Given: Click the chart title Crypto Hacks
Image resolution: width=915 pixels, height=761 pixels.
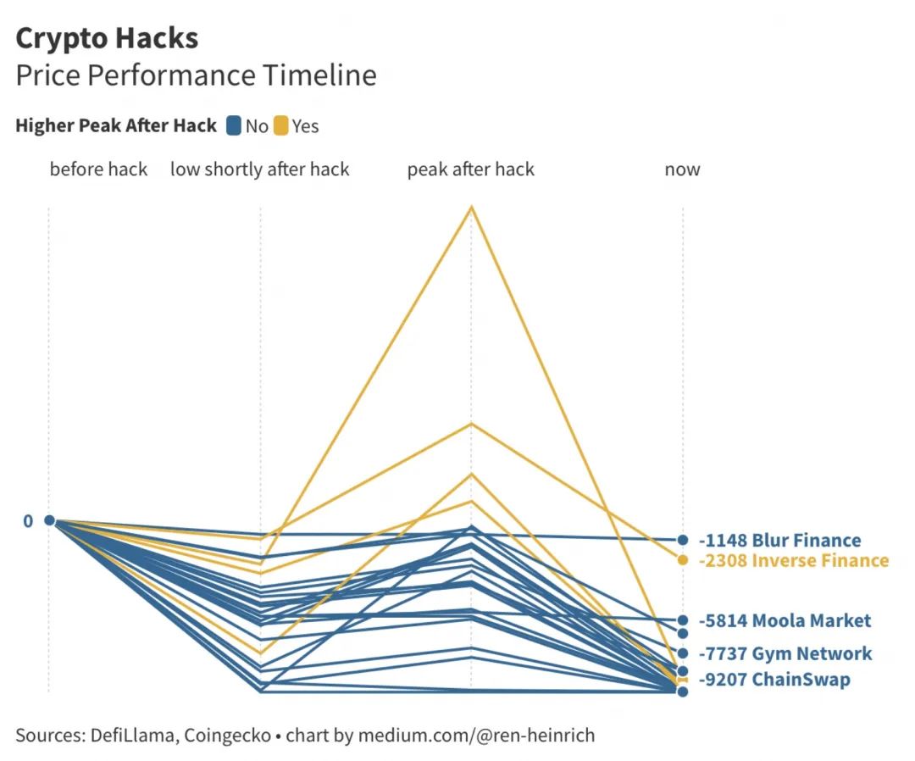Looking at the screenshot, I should pos(107,38).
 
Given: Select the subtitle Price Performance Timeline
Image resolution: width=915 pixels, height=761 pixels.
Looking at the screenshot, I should pos(196,75).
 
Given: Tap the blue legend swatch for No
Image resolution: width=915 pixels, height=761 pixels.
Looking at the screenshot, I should pos(234,126).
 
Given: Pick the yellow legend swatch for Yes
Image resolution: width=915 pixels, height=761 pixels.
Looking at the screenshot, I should pos(281,126).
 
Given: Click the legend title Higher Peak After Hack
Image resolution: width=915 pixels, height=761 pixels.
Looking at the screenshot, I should pos(116,126).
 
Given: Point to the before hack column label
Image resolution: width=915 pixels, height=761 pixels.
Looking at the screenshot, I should pos(98,169).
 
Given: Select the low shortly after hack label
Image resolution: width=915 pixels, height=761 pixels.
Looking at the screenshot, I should pos(259,169).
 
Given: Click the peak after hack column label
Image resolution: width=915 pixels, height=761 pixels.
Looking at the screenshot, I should pos(470,169).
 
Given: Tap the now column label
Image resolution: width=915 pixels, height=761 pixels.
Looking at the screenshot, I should pos(682,169).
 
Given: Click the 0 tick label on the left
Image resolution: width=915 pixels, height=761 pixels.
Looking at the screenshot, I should pos(28,521).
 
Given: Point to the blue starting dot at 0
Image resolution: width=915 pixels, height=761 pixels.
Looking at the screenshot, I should pos(49,520).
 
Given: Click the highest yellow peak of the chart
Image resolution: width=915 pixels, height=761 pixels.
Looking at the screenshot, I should pos(471,207).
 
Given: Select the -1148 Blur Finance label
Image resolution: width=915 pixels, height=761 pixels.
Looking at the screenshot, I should pos(779,541).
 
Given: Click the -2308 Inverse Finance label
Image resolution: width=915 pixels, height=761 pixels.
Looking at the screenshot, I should pos(793,560).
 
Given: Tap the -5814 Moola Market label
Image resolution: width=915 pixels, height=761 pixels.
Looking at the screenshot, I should pos(785,620).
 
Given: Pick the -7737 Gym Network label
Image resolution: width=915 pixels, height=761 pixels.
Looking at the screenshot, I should pos(785,653).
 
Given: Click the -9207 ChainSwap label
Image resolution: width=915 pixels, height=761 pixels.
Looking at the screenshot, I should pos(774,679).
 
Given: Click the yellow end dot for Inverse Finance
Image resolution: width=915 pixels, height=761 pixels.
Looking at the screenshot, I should pos(682,559).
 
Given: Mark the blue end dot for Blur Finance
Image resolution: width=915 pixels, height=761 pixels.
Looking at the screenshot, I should pos(682,540).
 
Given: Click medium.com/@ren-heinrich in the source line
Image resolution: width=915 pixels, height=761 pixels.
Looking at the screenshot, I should pos(476,735).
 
